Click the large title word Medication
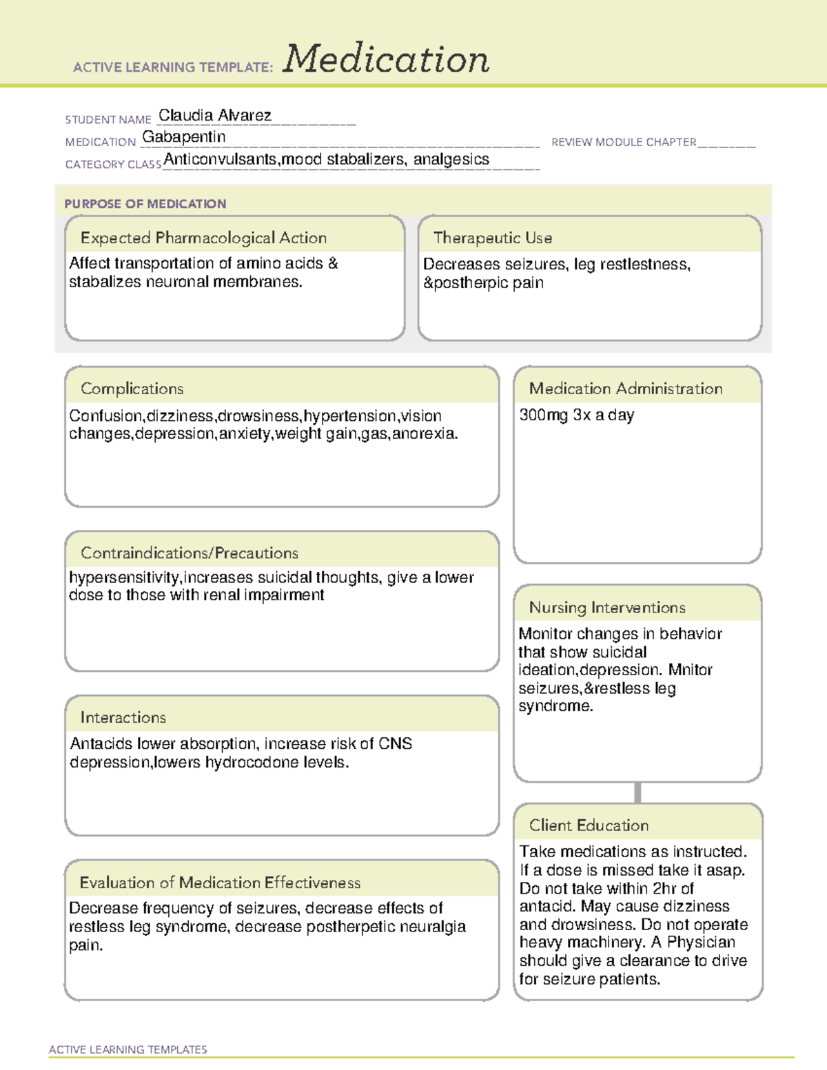pos(386,59)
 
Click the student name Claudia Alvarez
pos(214,115)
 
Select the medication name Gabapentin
pos(184,137)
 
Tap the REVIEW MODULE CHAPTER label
pos(624,142)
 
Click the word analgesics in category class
pos(451,159)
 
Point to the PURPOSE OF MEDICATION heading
pos(145,204)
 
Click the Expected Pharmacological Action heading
pos(203,238)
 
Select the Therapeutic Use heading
pos(493,238)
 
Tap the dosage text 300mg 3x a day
pos(576,415)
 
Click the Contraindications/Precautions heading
pos(190,553)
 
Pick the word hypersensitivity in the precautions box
pos(124,577)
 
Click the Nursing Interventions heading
pos(607,607)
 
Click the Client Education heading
pos(589,825)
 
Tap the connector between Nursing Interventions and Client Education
pos(637,792)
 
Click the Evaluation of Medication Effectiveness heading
pos(220,883)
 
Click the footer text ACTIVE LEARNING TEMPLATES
pos(128,1049)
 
